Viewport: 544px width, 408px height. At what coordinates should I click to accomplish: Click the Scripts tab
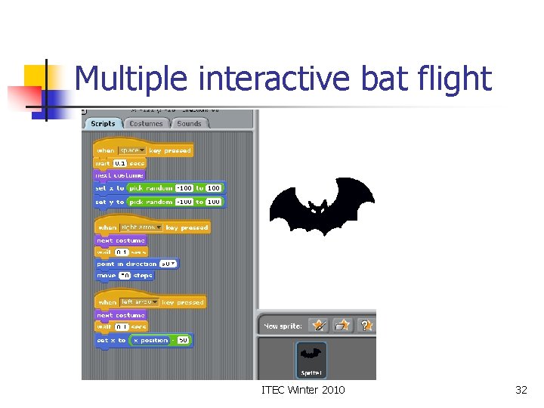102,123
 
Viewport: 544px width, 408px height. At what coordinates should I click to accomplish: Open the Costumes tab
146,123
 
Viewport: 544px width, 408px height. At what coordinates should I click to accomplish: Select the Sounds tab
189,123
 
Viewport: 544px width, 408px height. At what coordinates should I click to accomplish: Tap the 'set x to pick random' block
110,187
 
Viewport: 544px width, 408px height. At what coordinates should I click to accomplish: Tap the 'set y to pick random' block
110,202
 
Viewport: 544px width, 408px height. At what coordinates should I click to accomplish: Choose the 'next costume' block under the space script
119,175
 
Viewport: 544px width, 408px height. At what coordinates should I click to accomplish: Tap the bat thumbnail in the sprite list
311,358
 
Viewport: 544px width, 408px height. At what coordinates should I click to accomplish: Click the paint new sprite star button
319,326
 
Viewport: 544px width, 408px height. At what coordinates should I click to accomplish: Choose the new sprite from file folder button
343,326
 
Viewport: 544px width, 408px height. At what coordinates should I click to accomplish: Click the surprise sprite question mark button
366,326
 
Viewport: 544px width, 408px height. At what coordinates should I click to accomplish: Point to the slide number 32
521,390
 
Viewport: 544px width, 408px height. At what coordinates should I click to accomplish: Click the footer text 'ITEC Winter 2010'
302,390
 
